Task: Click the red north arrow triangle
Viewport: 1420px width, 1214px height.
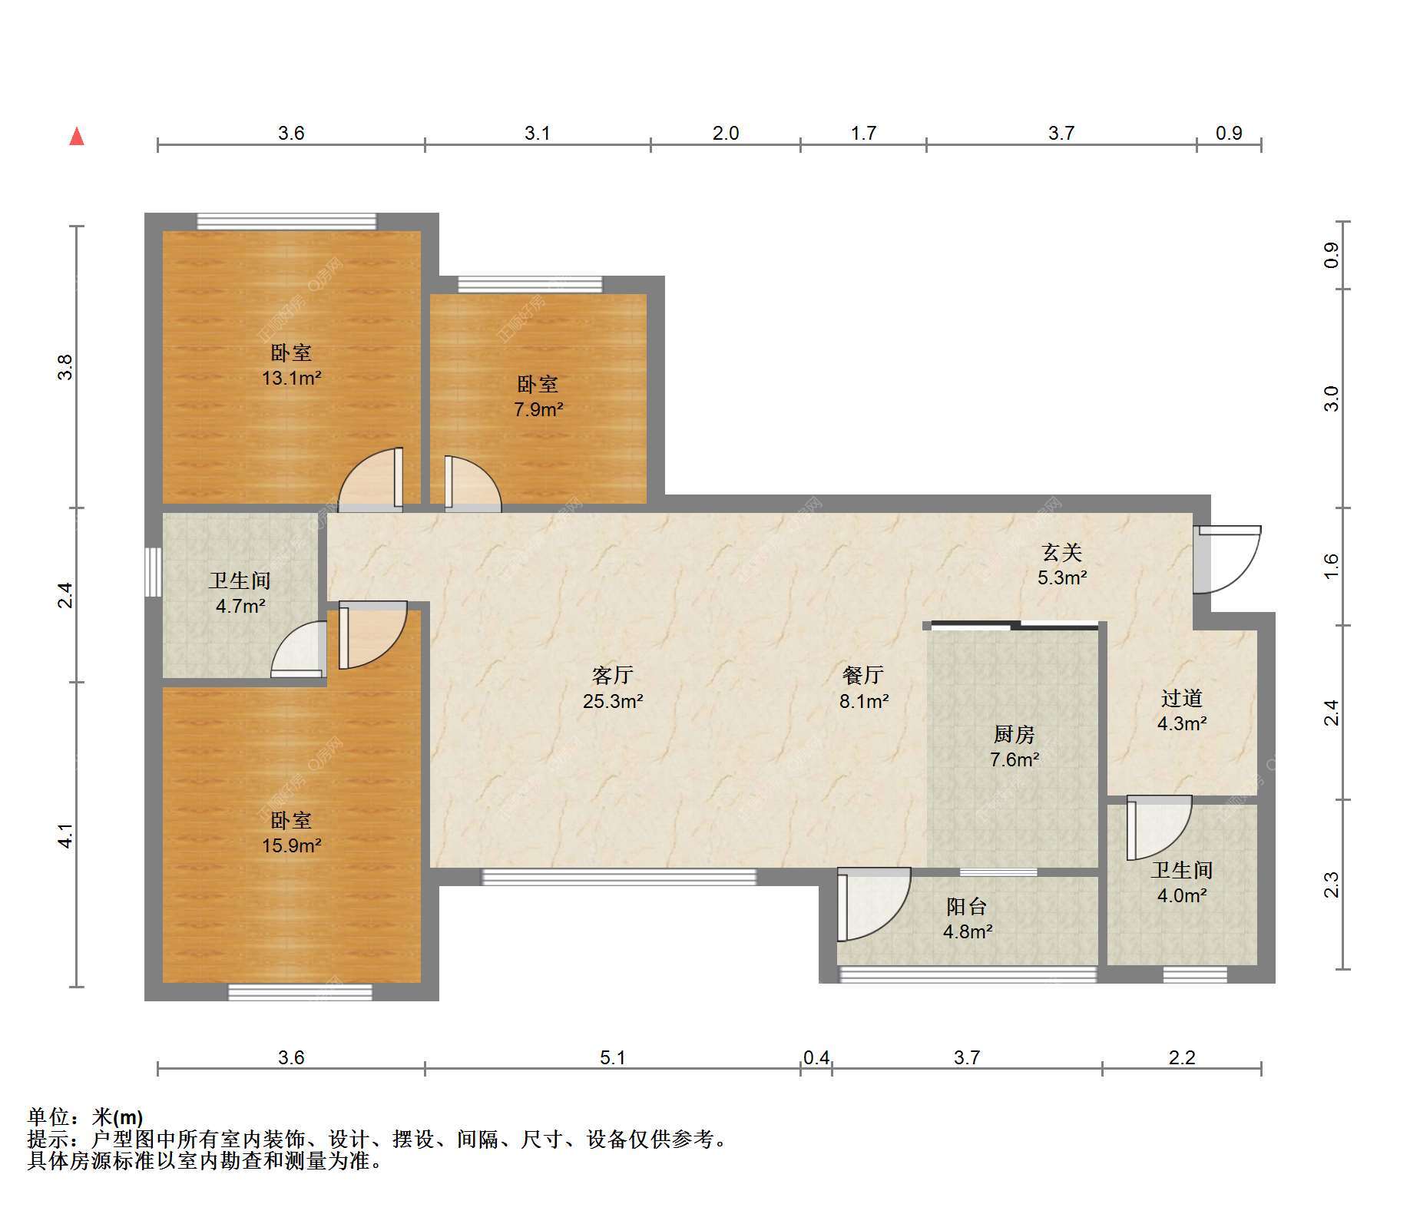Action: [x=77, y=137]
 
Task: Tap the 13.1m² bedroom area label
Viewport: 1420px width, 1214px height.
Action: [x=291, y=378]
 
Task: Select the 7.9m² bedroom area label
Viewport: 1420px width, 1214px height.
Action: [x=538, y=409]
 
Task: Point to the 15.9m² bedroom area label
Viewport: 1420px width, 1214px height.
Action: [x=291, y=845]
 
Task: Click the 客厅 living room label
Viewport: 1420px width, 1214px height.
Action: [x=613, y=675]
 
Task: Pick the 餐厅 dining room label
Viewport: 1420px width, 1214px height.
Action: [x=863, y=675]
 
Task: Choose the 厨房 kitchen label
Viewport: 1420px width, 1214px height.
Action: [x=1014, y=735]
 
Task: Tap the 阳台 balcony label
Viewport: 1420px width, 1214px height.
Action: [x=967, y=907]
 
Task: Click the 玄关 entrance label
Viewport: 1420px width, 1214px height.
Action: [x=1062, y=552]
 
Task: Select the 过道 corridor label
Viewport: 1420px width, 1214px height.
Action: [x=1181, y=698]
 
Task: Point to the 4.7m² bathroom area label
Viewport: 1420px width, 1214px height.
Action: [x=240, y=606]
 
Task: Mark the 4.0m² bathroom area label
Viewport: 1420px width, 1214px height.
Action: [x=1181, y=895]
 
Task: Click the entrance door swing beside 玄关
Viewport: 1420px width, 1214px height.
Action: [x=1226, y=559]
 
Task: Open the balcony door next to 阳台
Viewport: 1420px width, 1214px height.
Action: [x=874, y=905]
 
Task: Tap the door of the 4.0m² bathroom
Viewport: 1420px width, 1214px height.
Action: [x=1159, y=828]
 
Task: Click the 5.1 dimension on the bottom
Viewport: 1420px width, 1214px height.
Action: [x=613, y=1057]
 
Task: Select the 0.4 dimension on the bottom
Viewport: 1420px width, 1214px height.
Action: [x=816, y=1057]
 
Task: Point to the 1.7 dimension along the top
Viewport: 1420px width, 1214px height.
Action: [x=863, y=133]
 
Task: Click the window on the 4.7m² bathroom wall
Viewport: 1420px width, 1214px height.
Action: [x=153, y=571]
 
